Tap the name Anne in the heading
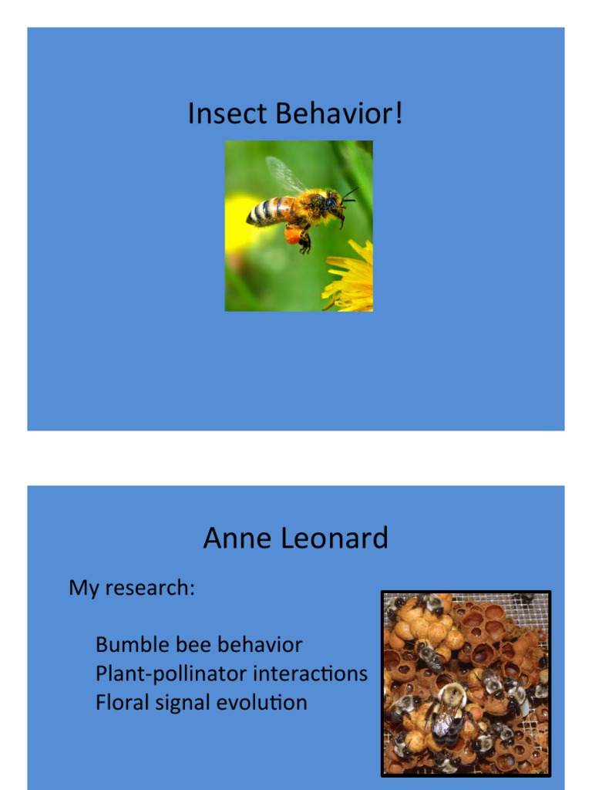click(x=234, y=538)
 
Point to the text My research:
click(x=132, y=588)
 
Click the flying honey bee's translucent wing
click(x=284, y=175)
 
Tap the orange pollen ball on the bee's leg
click(x=293, y=234)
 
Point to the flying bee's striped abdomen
click(x=268, y=211)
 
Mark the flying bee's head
click(x=333, y=204)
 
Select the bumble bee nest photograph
click(x=466, y=683)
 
